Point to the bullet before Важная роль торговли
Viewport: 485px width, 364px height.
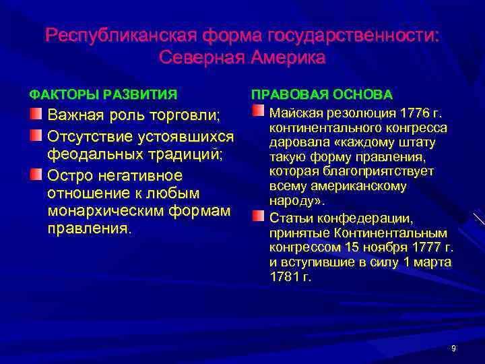36,111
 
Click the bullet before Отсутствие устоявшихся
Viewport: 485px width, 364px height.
36,135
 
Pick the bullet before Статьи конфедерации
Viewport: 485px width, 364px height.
259,216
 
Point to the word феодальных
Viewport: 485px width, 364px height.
88,154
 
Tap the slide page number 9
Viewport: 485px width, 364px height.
453,348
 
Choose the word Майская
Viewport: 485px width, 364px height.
292,112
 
